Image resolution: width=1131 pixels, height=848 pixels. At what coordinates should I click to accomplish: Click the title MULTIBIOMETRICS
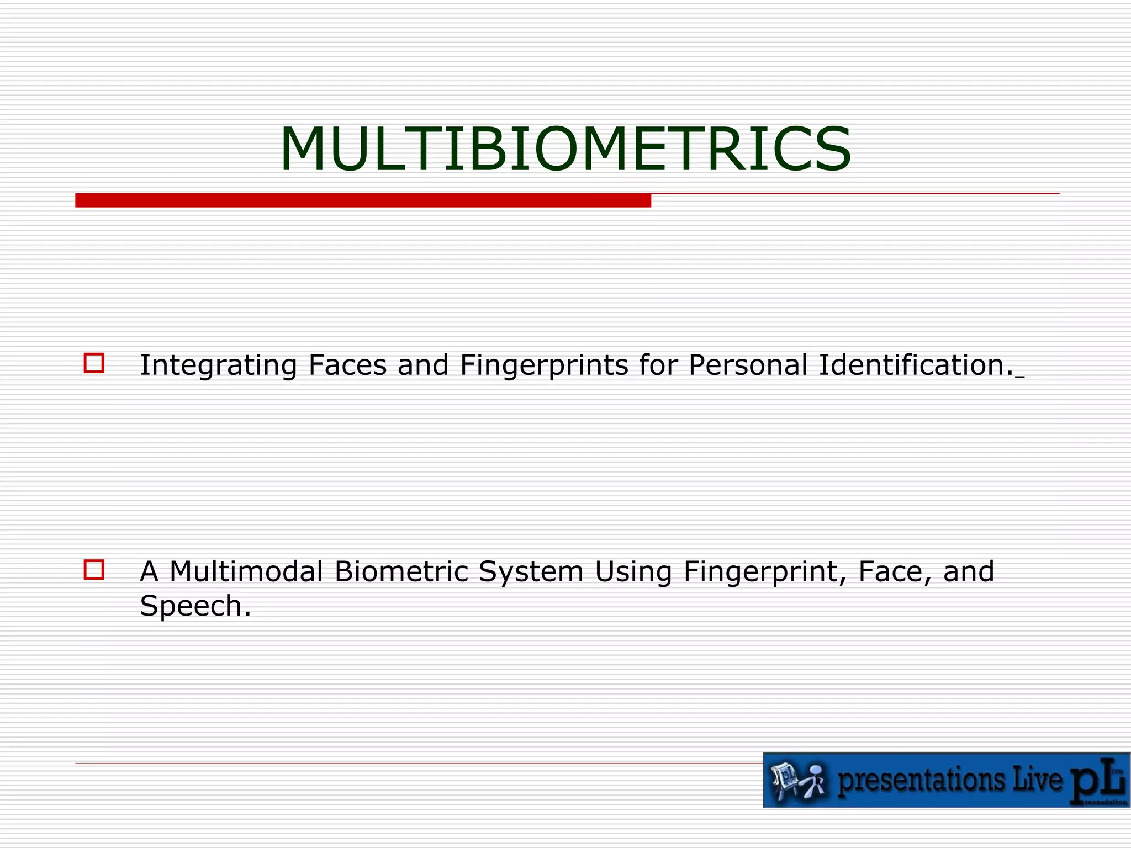565,150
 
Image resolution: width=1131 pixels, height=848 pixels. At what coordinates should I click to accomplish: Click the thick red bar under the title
363,200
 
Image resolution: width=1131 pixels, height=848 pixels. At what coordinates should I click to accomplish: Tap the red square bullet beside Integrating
94,363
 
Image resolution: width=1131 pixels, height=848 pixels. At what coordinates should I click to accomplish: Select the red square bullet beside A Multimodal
94,569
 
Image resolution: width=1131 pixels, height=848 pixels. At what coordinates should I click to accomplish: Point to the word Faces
347,365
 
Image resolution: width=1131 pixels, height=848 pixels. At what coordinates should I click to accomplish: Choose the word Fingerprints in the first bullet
544,365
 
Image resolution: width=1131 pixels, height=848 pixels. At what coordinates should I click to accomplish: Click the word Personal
748,365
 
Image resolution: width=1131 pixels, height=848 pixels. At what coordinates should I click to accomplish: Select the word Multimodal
246,571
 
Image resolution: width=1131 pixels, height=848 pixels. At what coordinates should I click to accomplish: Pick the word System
531,573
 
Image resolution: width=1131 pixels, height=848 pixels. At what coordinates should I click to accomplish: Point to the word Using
633,573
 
